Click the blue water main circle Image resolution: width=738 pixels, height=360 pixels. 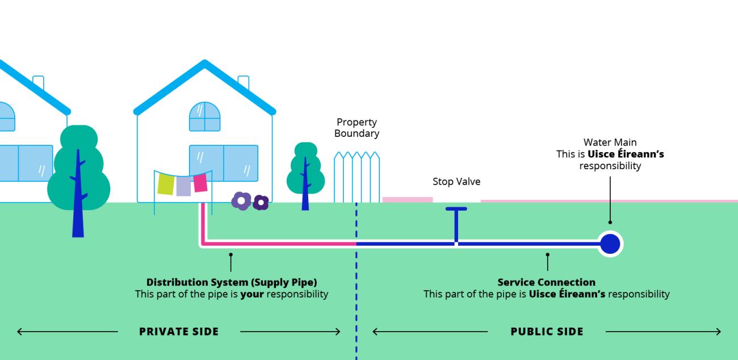(x=610, y=244)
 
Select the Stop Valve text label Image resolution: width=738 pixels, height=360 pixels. (x=456, y=182)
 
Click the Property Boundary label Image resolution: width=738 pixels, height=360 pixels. (x=357, y=128)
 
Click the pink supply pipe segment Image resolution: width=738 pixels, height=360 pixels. (x=278, y=244)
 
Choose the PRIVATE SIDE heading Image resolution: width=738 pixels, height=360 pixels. (x=179, y=332)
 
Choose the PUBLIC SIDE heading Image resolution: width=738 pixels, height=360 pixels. (x=547, y=332)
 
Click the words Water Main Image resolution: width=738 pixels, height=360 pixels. (x=610, y=142)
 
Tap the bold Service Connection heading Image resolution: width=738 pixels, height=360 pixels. (x=546, y=282)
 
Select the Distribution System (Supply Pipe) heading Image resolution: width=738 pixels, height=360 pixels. (x=232, y=282)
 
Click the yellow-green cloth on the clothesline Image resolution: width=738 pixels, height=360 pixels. (x=165, y=184)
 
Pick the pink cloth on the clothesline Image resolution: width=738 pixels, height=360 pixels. (x=200, y=183)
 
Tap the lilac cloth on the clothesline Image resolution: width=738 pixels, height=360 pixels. (x=183, y=186)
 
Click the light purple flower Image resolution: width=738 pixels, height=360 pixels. (x=241, y=200)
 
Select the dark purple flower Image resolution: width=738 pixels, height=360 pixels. (x=261, y=202)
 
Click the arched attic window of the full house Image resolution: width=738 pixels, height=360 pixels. (x=204, y=116)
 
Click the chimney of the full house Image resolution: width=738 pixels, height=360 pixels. (x=244, y=83)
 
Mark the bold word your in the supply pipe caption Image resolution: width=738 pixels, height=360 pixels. (x=252, y=294)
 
